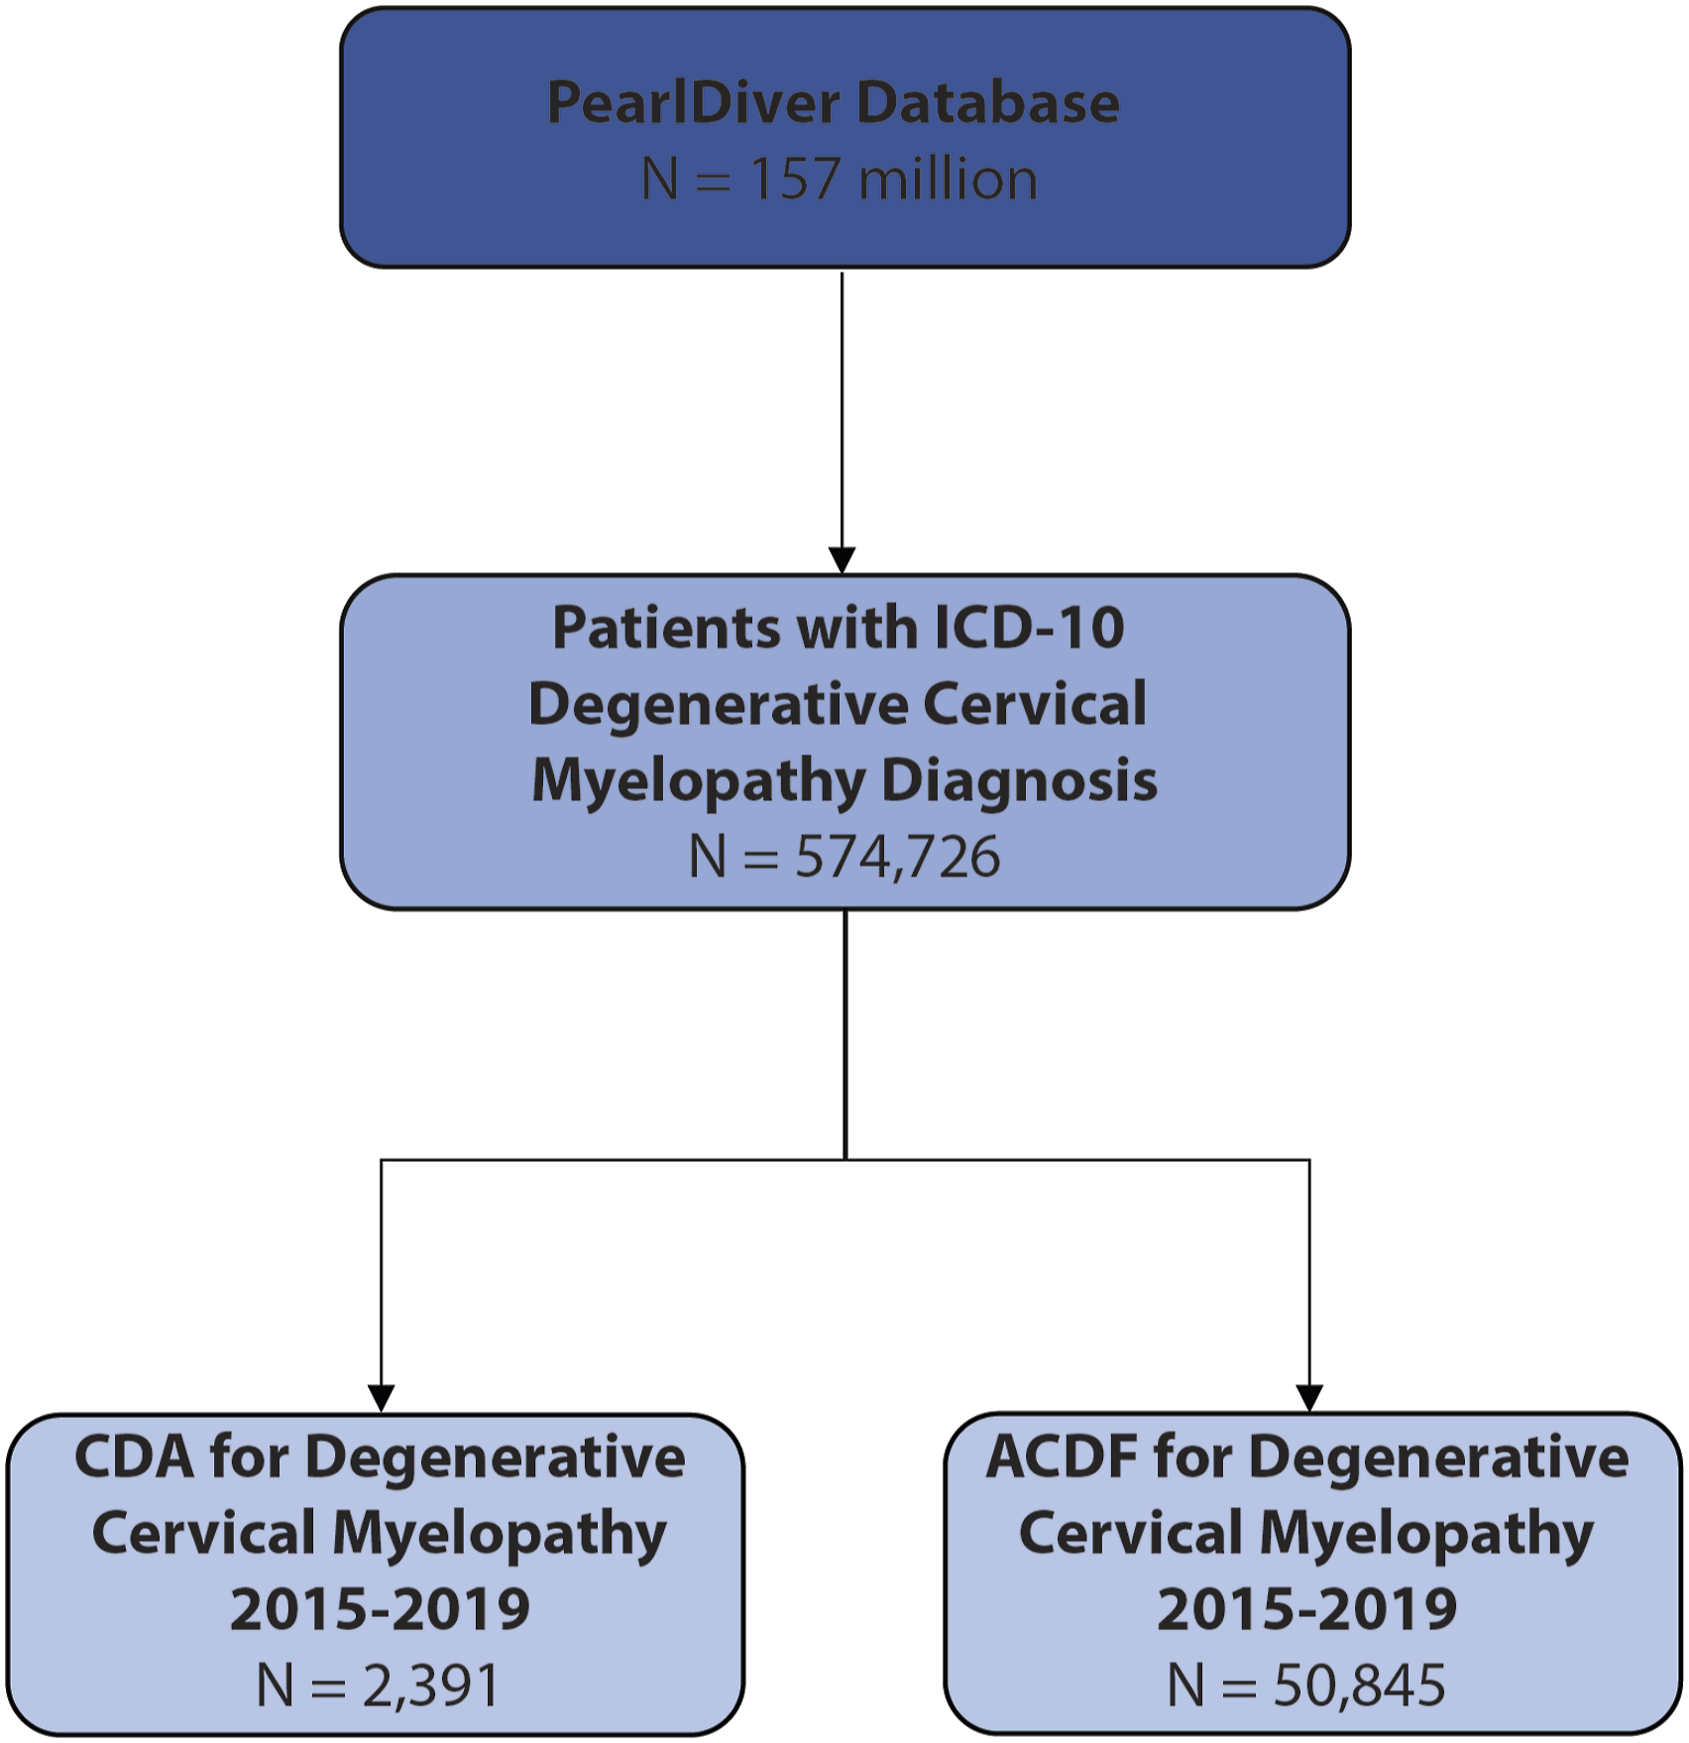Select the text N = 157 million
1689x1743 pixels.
tap(840, 179)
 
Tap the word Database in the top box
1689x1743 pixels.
tap(987, 102)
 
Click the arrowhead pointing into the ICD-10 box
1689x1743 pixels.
tap(842, 560)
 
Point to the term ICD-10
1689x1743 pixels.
tap(1029, 628)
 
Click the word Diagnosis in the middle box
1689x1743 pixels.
tap(1019, 782)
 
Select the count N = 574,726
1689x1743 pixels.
tap(844, 857)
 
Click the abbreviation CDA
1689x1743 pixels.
tap(134, 1457)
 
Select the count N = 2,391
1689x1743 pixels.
tap(378, 1685)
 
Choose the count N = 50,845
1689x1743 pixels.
tap(1306, 1685)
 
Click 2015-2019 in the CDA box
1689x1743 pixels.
tap(380, 1608)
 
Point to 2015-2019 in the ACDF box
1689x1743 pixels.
tap(1307, 1608)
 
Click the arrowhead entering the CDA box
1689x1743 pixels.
tap(381, 1399)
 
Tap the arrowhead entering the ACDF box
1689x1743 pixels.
tap(1309, 1399)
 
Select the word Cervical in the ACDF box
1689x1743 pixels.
tap(1130, 1533)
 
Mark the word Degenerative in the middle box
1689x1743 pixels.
tap(717, 705)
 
